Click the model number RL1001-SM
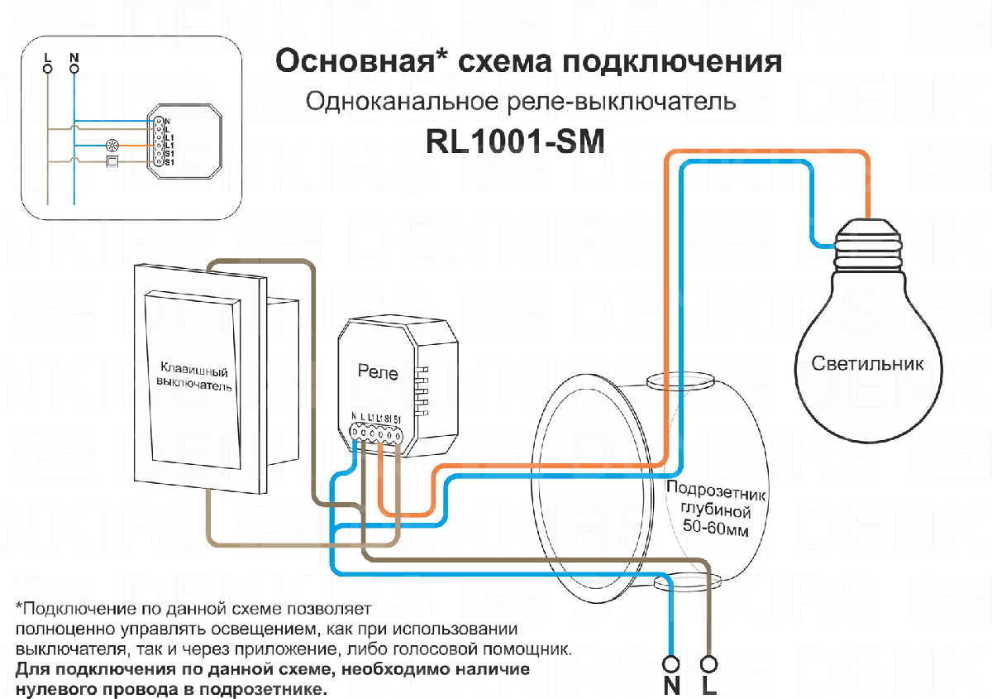[515, 141]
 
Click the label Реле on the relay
[378, 373]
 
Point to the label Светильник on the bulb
[867, 363]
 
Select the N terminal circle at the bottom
[671, 664]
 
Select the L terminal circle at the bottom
[708, 664]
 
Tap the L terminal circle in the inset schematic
[47, 69]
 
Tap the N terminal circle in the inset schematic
[74, 69]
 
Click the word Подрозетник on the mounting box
[716, 491]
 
